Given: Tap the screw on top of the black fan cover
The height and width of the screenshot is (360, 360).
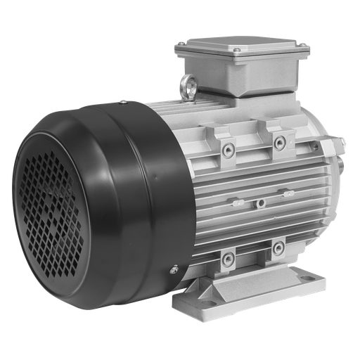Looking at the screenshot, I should (124, 103).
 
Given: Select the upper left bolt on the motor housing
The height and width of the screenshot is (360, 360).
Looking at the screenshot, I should (228, 148).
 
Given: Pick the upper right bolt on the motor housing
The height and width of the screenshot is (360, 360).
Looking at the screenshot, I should (280, 143).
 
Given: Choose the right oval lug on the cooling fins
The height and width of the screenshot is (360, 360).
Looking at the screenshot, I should (289, 191).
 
